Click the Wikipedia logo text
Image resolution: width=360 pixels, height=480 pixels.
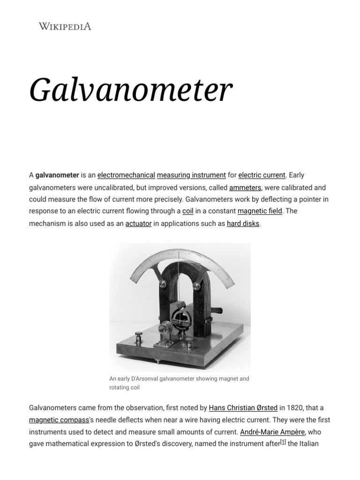(65, 26)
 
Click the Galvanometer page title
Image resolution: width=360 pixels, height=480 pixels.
(131, 90)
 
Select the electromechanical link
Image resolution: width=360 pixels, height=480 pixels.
(126, 175)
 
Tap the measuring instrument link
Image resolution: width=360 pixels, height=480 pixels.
(191, 175)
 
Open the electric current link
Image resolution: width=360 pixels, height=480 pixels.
(262, 175)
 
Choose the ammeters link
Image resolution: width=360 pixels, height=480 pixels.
(245, 187)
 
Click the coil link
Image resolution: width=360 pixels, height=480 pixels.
(187, 211)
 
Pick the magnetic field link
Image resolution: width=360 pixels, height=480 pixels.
(260, 211)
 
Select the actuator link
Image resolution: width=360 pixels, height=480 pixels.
(138, 224)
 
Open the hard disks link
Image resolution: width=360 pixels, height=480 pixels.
(243, 224)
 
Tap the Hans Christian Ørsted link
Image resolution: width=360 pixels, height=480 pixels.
(243, 408)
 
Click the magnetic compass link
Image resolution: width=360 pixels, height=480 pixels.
(59, 420)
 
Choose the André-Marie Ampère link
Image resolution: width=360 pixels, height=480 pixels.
(272, 432)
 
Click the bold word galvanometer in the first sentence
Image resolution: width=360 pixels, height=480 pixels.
(57, 175)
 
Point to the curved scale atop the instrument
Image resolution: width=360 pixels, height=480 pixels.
(180, 262)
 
